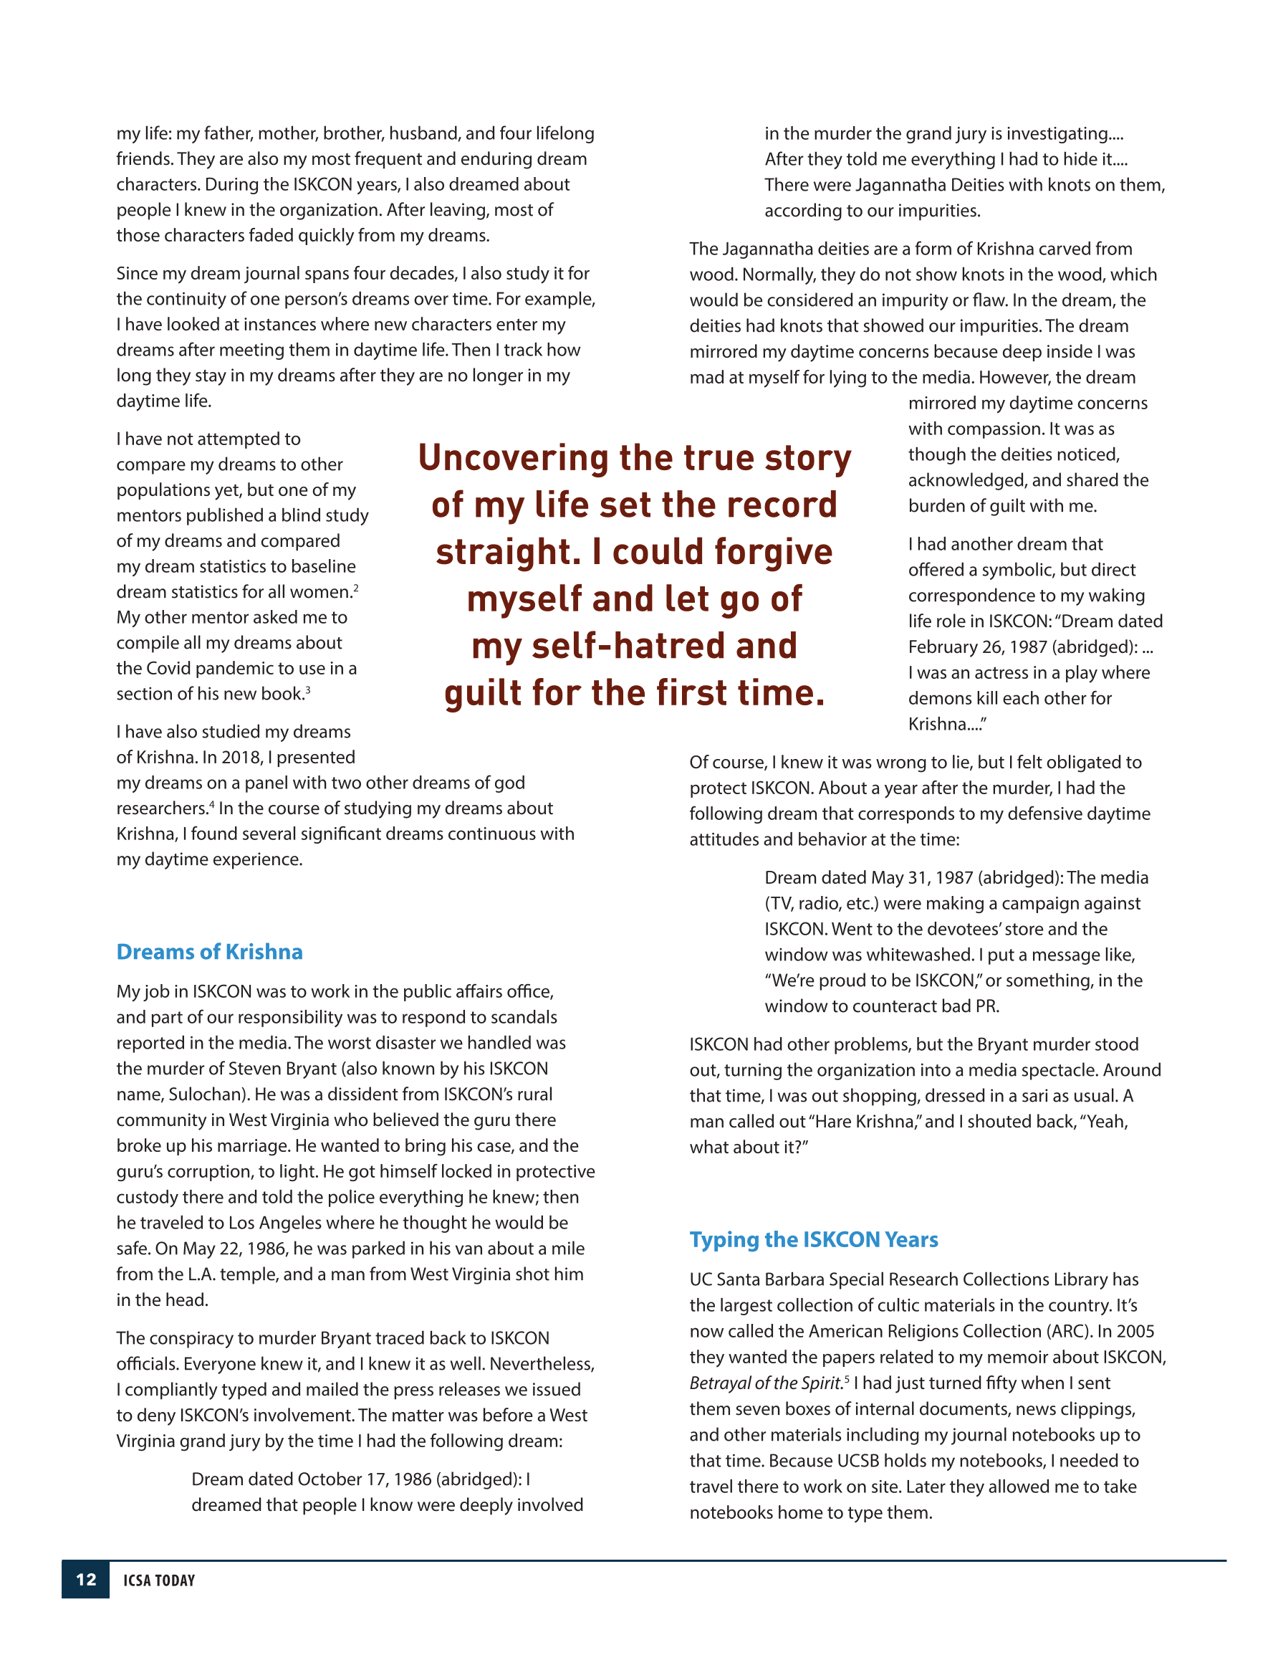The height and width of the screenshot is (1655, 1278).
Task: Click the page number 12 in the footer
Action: tap(85, 1579)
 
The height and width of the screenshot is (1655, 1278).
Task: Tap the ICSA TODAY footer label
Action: tap(159, 1580)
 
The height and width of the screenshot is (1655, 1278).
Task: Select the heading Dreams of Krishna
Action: tap(209, 952)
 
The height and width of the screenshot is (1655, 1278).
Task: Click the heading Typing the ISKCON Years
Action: tap(813, 1239)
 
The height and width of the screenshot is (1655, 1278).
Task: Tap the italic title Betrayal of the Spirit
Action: tap(765, 1383)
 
